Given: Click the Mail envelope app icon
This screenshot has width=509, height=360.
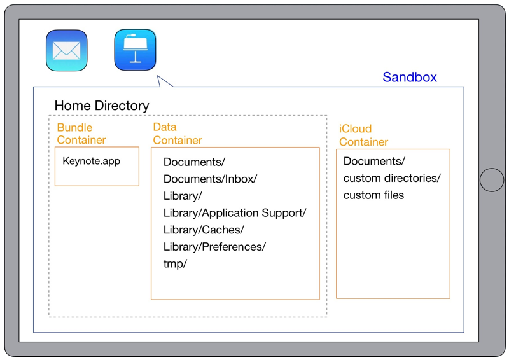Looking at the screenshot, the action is click(x=67, y=50).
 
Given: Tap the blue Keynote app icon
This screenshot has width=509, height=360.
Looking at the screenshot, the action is click(x=135, y=50).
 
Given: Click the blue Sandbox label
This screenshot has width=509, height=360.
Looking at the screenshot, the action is click(x=410, y=77).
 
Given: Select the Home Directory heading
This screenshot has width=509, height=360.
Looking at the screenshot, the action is click(x=102, y=106).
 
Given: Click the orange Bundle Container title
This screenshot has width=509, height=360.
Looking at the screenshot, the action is click(x=81, y=134).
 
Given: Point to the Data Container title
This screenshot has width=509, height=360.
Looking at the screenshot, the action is click(x=178, y=134).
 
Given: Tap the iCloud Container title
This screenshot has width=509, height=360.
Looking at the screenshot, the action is click(x=363, y=135).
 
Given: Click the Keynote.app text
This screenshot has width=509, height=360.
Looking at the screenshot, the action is click(x=91, y=161).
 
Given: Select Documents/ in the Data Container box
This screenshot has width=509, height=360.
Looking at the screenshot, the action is click(x=194, y=162).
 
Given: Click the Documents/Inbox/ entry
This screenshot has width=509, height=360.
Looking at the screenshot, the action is click(x=210, y=179).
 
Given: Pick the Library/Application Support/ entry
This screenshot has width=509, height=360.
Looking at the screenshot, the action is click(x=235, y=213).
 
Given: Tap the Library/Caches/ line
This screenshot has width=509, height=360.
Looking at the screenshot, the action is click(x=204, y=230).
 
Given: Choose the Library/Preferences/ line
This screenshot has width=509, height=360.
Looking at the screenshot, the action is click(x=214, y=247).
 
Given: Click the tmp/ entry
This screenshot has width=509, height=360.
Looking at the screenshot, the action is click(x=175, y=263).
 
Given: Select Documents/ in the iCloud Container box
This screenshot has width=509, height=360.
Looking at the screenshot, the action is click(x=374, y=161).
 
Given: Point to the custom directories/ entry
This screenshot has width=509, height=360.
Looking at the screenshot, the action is click(x=392, y=178).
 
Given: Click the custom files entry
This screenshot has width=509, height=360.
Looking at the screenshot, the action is click(x=373, y=195).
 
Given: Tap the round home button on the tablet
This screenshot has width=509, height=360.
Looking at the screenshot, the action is click(x=491, y=180).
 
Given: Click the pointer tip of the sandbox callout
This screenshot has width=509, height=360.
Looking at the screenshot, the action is click(x=157, y=76).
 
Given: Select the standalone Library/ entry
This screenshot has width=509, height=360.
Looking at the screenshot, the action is click(x=183, y=196).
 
